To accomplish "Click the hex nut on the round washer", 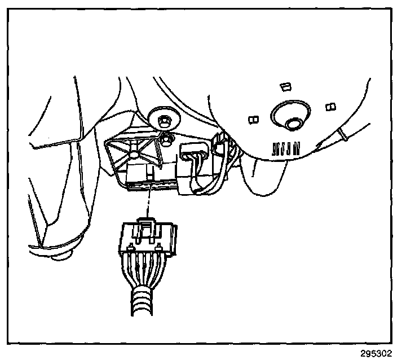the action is pos(164,120).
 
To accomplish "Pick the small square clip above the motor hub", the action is pos(285,86).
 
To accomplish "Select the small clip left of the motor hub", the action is pos(253,118).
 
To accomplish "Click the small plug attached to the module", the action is pos(193,153).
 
